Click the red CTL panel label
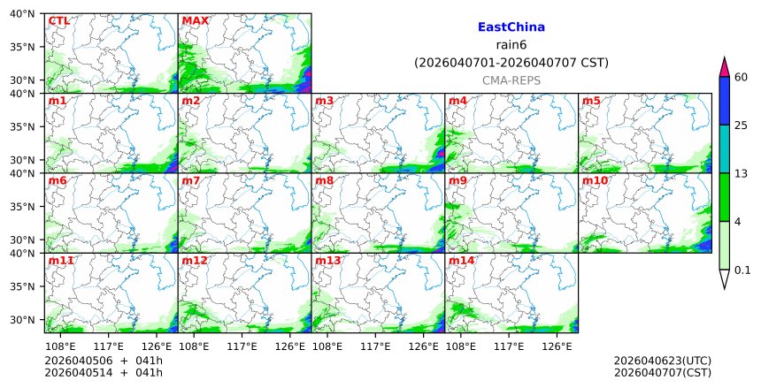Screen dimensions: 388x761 [x=58, y=21]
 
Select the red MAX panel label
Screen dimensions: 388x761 [x=195, y=21]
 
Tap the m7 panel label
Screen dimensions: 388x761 [x=191, y=181]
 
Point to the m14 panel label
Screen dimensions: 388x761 [x=461, y=262]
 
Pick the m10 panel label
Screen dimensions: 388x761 [x=595, y=181]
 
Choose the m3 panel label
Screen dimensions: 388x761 [x=325, y=101]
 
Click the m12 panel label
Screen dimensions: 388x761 [x=194, y=262]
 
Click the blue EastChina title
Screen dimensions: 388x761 [x=511, y=27]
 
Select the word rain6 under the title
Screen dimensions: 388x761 [x=511, y=45]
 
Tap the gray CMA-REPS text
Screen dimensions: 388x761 [x=511, y=80]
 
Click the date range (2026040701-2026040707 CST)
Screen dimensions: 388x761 [x=511, y=63]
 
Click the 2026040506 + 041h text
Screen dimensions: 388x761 [x=97, y=361]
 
